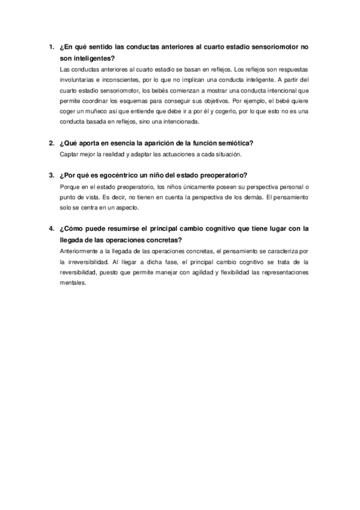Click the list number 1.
pyautogui.click(x=50, y=46)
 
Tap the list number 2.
pyautogui.click(x=50, y=143)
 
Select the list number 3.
pyautogui.click(x=50, y=176)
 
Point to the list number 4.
pyautogui.click(x=50, y=229)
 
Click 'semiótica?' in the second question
pyautogui.click(x=236, y=143)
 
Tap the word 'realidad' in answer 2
pyautogui.click(x=114, y=155)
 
